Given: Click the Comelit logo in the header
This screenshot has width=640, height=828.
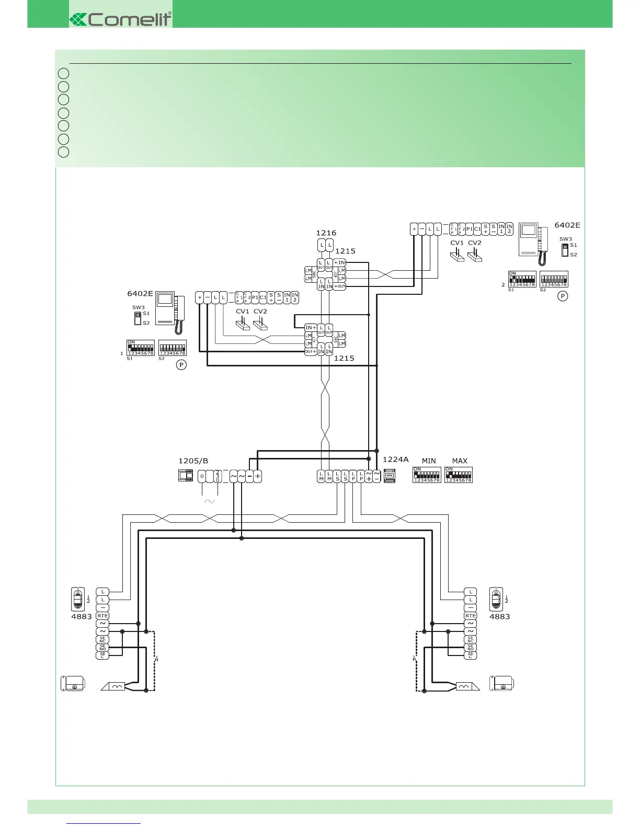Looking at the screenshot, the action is click(121, 19).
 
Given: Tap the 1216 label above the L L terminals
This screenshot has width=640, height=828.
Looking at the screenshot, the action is click(326, 233).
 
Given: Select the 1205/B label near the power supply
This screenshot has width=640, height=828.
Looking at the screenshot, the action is click(193, 461).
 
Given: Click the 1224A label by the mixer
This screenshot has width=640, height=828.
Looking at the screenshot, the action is click(395, 459).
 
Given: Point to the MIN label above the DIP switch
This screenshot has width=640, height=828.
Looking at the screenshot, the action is click(429, 461).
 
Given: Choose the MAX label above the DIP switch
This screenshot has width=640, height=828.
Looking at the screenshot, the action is click(460, 461).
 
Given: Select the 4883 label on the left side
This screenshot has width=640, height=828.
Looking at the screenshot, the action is click(81, 617).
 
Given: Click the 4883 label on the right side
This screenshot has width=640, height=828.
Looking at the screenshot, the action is click(499, 617).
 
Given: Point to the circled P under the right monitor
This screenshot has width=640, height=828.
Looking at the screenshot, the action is click(563, 296).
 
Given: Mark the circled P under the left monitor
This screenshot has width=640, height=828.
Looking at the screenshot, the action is click(181, 365).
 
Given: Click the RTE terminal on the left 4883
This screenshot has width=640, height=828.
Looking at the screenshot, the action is click(102, 616).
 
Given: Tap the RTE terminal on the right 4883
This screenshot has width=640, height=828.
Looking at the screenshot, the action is click(470, 616).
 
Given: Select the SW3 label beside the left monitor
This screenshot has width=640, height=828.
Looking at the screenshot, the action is click(138, 308).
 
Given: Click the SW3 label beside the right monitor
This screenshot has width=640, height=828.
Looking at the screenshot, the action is click(565, 239).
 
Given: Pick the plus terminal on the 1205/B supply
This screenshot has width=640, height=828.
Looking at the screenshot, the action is click(257, 476).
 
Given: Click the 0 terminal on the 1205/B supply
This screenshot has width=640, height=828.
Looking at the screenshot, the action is click(202, 476).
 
